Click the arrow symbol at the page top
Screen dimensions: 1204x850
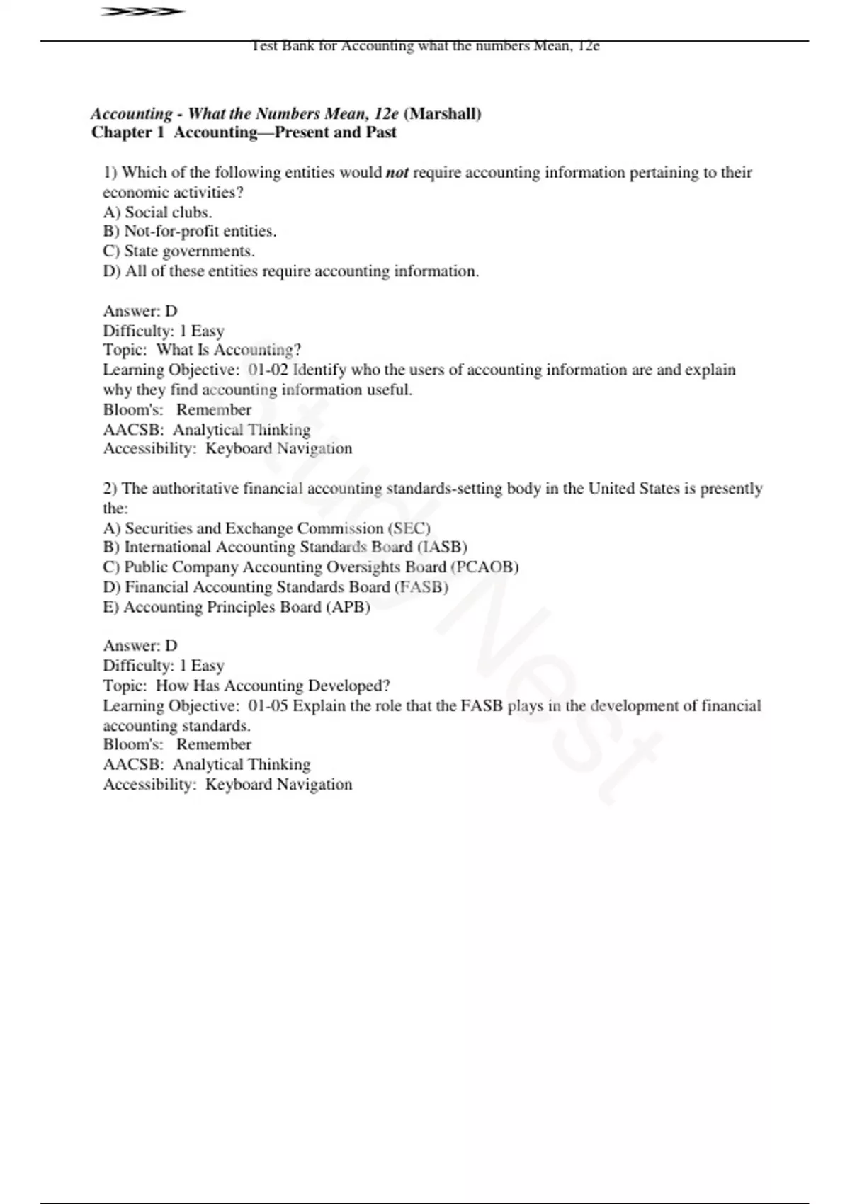142,12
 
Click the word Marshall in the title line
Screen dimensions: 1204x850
442,113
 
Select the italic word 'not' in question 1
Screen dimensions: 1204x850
397,173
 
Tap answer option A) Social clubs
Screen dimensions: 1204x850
157,212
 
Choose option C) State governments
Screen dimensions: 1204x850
178,251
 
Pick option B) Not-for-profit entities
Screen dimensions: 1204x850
189,232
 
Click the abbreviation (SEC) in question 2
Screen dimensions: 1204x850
409,528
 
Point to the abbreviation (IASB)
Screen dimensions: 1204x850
442,547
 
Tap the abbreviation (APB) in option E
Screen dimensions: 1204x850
348,607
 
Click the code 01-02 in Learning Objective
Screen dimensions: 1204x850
268,370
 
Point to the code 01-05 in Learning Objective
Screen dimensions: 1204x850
268,706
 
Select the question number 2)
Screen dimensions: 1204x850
110,489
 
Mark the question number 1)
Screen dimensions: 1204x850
110,173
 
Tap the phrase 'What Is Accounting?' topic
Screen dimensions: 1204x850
229,350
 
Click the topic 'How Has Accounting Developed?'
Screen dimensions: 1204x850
273,686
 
